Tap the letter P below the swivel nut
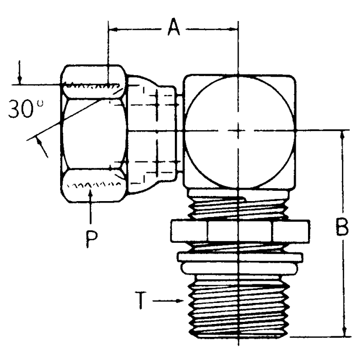[x=92, y=238]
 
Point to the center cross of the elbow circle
[x=238, y=131]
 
